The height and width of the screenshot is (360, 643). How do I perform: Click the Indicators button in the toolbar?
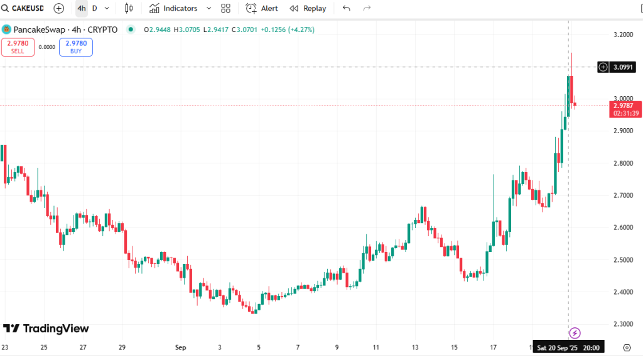click(173, 8)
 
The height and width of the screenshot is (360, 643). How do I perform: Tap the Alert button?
click(262, 8)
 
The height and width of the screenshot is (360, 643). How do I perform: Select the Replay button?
click(308, 8)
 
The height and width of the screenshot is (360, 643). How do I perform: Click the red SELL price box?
click(18, 47)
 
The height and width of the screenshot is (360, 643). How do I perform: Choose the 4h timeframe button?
click(82, 8)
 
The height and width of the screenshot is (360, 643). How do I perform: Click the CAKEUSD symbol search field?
click(25, 8)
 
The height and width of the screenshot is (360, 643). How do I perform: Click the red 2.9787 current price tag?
click(626, 109)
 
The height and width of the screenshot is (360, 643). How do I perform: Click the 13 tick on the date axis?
click(415, 347)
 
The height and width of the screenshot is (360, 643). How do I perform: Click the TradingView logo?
click(46, 329)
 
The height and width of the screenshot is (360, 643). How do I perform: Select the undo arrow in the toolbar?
click(347, 8)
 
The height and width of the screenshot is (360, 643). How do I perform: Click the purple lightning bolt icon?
click(575, 333)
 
